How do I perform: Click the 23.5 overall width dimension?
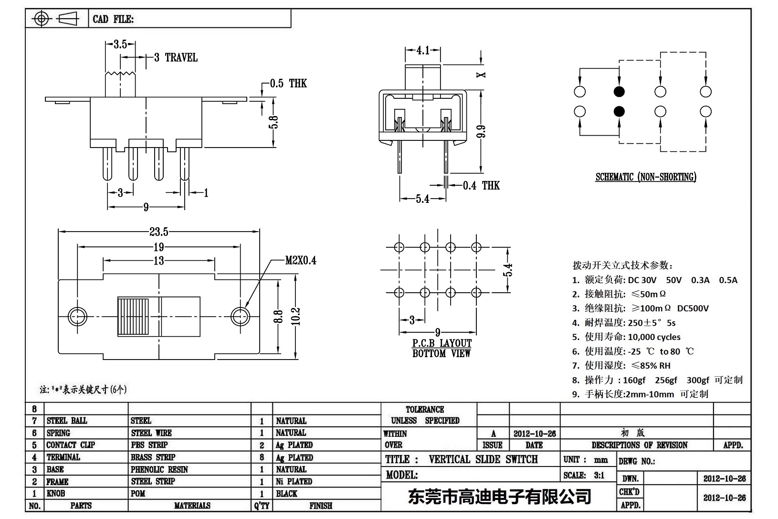pyautogui.click(x=158, y=232)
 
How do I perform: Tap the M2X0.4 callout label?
pyautogui.click(x=301, y=261)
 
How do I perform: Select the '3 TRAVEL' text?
pyautogui.click(x=176, y=58)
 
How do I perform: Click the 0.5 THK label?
pyautogui.click(x=288, y=84)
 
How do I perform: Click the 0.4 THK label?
pyautogui.click(x=481, y=186)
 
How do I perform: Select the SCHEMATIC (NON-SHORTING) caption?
pyautogui.click(x=645, y=177)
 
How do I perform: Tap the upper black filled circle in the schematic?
pyautogui.click(x=619, y=92)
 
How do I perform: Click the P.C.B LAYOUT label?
pyautogui.click(x=442, y=343)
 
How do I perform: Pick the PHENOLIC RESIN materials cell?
pyautogui.click(x=159, y=469)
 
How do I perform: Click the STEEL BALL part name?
pyautogui.click(x=67, y=421)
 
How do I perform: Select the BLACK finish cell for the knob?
pyautogui.click(x=286, y=494)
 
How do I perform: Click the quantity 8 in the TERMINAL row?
pyautogui.click(x=262, y=457)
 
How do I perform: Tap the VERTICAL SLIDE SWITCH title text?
pyautogui.click(x=483, y=459)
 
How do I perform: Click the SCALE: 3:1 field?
pyautogui.click(x=584, y=475)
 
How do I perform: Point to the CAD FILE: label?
pyautogui.click(x=113, y=19)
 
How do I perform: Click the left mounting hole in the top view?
pyautogui.click(x=77, y=316)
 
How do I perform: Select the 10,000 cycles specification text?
pyautogui.click(x=654, y=337)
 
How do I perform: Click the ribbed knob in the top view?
pyautogui.click(x=134, y=317)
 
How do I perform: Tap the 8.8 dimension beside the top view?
pyautogui.click(x=279, y=316)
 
